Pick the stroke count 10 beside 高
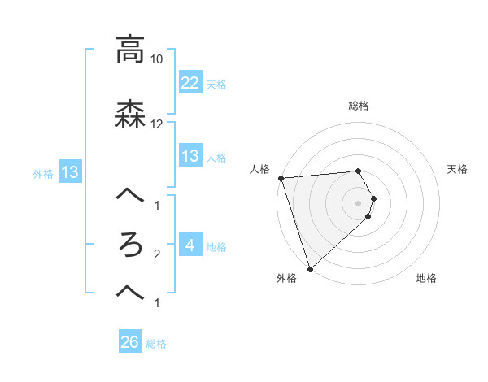[x=157, y=59]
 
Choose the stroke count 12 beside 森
[x=157, y=124]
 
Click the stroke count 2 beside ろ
[x=157, y=254]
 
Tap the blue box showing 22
[x=190, y=83]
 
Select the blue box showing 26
[x=130, y=343]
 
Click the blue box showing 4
[x=190, y=245]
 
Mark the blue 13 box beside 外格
[x=69, y=172]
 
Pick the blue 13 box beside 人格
[x=190, y=156]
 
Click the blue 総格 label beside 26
[x=156, y=344]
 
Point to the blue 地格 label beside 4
[x=216, y=246]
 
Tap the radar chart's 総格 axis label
[x=359, y=106]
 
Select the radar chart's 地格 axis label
[x=426, y=279]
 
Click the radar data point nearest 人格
[x=281, y=178]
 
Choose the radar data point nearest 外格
[x=310, y=268]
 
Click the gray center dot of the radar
[x=359, y=202]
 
